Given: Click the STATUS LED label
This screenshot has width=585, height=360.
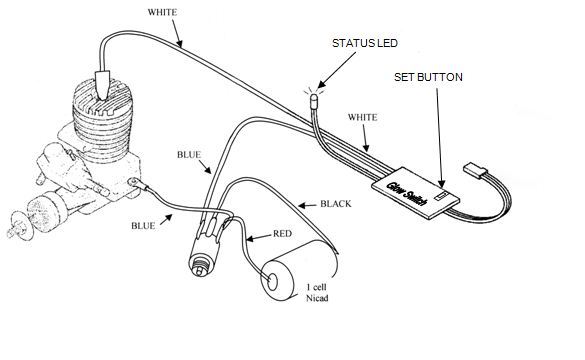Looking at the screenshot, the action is tap(365, 43).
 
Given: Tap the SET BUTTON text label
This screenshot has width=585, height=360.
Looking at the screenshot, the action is tap(428, 77).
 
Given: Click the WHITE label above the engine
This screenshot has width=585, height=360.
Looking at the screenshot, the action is tap(162, 12).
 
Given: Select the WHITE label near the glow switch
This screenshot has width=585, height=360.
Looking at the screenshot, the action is tap(363, 118).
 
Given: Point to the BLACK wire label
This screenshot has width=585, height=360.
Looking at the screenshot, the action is tap(336, 204).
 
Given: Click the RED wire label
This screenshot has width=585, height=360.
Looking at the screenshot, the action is tap(282, 234).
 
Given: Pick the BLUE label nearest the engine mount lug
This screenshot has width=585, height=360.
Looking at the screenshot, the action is tap(143, 226).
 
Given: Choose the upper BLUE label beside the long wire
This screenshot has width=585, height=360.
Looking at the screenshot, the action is tap(189, 155).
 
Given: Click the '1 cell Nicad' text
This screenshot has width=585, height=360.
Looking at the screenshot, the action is tap(317, 292).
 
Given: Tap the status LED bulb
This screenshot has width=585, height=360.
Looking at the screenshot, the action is tap(315, 101).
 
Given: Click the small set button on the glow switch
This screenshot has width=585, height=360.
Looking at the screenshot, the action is tap(442, 195).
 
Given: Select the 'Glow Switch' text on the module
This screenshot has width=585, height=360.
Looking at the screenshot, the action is tap(407, 194).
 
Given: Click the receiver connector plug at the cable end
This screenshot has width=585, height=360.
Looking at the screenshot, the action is tap(475, 169).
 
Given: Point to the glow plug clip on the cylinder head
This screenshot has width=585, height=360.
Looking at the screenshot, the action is tap(102, 85).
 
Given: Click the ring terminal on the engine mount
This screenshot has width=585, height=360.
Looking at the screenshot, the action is tap(133, 182).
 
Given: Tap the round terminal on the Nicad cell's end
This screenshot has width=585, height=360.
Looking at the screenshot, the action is tap(272, 282).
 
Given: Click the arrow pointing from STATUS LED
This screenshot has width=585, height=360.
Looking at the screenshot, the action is tap(336, 71).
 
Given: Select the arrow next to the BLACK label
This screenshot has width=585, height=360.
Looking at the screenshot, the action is tap(307, 205).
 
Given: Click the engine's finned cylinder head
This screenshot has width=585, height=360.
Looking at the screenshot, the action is tap(103, 119).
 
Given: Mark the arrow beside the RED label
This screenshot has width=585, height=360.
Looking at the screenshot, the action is tap(258, 237).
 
